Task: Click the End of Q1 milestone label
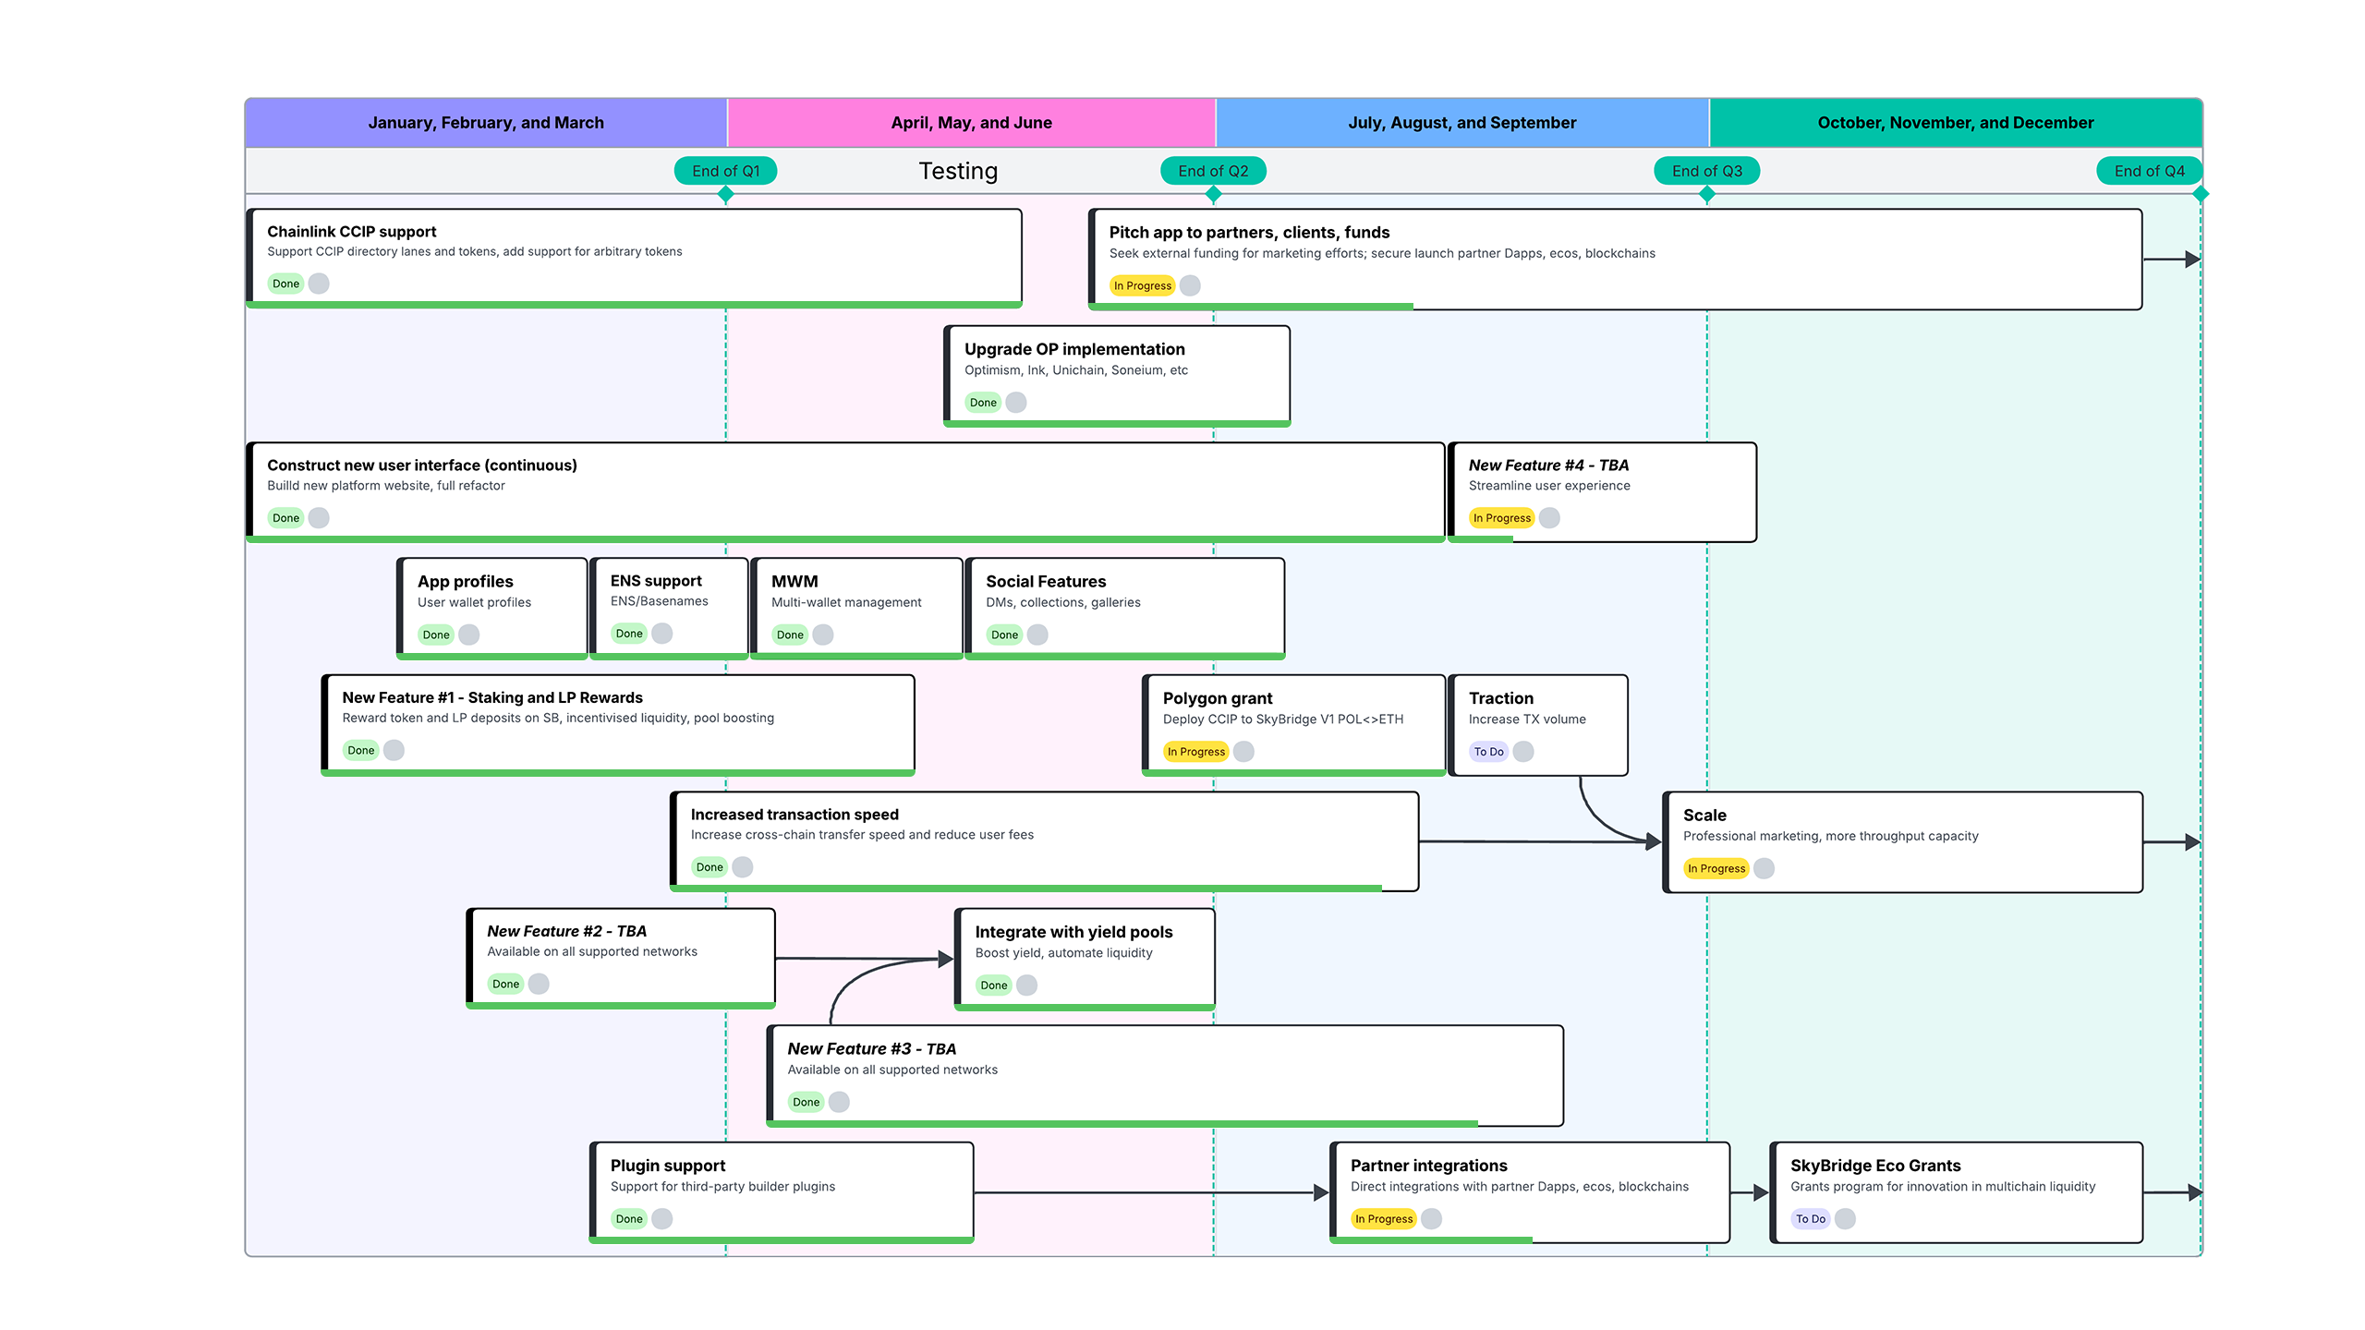tap(725, 171)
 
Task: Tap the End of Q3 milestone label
tap(1706, 171)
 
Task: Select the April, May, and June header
tap(971, 123)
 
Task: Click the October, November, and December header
tap(1955, 123)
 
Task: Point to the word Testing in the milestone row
tap(958, 171)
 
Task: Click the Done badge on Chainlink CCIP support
tap(285, 284)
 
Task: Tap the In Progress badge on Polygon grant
tap(1195, 752)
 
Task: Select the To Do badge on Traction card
tap(1488, 752)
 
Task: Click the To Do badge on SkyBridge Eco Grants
tap(1810, 1219)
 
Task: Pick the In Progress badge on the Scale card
tap(1716, 868)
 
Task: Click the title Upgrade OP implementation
tap(1074, 349)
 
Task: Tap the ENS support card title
tap(656, 581)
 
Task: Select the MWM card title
tap(794, 581)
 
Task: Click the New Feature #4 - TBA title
tap(1548, 465)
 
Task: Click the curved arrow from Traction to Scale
tap(1598, 816)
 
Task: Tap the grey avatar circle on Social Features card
tap(1037, 635)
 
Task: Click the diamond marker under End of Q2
tap(1213, 194)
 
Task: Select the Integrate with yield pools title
tap(1073, 932)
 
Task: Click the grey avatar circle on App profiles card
tap(469, 635)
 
